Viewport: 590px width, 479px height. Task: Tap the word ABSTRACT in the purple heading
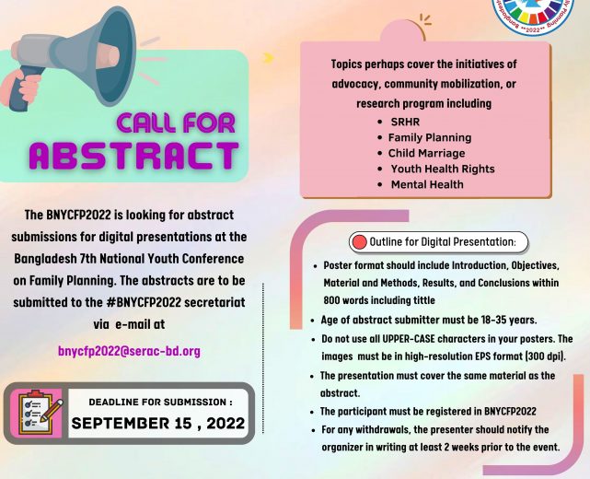coord(134,155)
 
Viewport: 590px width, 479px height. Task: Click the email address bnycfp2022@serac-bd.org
coord(129,351)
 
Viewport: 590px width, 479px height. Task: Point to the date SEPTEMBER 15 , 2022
coord(158,423)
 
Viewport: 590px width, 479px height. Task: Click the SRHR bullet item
coord(405,122)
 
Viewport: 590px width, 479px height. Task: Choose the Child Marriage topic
coord(426,153)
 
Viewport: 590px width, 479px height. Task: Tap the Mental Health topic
coord(427,184)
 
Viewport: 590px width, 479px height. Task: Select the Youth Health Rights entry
coord(443,169)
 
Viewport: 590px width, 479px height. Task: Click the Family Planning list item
coord(430,137)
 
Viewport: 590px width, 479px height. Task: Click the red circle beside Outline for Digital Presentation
coord(359,242)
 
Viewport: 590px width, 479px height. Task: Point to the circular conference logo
coord(535,15)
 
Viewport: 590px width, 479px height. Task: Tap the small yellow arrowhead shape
coord(268,57)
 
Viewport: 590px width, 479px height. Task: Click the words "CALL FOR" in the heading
coord(176,123)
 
